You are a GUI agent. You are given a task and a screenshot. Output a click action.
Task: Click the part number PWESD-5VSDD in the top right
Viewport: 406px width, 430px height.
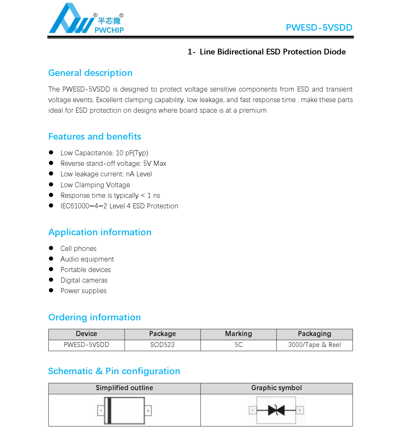(x=319, y=28)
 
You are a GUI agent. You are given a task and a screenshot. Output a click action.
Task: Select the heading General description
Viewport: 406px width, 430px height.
(x=90, y=73)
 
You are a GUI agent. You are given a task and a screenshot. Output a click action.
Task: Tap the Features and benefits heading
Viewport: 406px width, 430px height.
(x=95, y=137)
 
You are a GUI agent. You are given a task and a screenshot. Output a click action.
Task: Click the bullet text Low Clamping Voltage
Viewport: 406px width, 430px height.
(x=95, y=185)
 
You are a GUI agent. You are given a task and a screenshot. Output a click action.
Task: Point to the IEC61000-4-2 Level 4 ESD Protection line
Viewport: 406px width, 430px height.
(x=119, y=206)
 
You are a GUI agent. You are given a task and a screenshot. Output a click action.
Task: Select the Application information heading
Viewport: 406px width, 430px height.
(x=100, y=232)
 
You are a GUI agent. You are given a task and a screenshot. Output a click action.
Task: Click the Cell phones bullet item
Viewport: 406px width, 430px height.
(x=78, y=249)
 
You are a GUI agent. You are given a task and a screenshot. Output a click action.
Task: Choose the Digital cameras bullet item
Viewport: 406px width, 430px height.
(x=84, y=280)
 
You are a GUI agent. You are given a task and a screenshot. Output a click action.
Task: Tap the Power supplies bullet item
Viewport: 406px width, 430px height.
(x=84, y=291)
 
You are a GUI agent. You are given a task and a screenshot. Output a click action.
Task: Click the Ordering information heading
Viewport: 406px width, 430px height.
(x=95, y=317)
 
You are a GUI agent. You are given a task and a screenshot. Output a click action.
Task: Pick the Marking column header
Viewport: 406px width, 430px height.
(x=238, y=334)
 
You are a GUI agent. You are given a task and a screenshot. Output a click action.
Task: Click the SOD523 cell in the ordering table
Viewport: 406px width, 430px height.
(x=162, y=345)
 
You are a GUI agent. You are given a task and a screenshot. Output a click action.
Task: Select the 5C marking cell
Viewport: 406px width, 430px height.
(x=238, y=345)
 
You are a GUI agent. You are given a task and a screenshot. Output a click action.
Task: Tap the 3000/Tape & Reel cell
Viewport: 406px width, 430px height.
(x=314, y=345)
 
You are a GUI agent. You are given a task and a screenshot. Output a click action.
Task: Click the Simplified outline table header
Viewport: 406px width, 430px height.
(x=124, y=388)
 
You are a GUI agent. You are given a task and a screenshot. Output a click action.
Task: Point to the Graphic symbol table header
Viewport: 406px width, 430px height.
(x=276, y=388)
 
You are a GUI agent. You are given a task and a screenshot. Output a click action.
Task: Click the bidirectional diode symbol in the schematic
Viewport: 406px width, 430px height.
(x=276, y=410)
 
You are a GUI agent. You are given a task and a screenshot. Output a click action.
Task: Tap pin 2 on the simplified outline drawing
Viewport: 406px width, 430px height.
(x=148, y=411)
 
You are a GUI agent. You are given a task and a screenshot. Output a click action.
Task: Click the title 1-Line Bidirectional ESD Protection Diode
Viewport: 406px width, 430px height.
(x=266, y=52)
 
